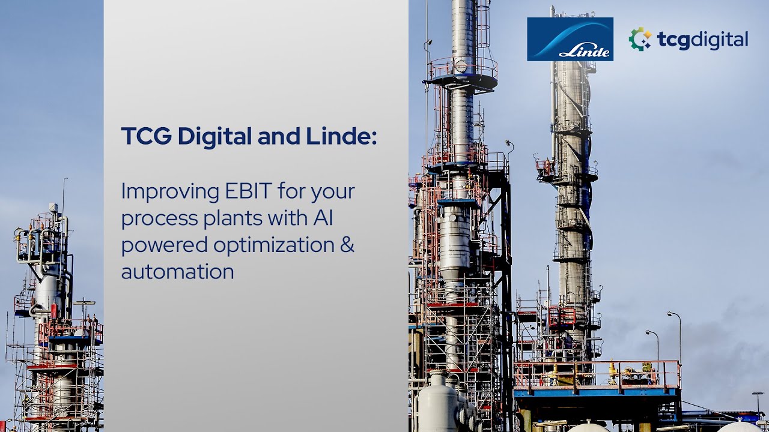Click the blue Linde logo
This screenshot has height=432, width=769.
[570, 39]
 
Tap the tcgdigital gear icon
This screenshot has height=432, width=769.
[640, 40]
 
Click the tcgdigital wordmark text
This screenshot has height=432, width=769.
[702, 40]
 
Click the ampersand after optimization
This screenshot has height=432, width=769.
[348, 245]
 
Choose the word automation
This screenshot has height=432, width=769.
[177, 272]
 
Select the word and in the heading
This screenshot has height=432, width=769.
[280, 136]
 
